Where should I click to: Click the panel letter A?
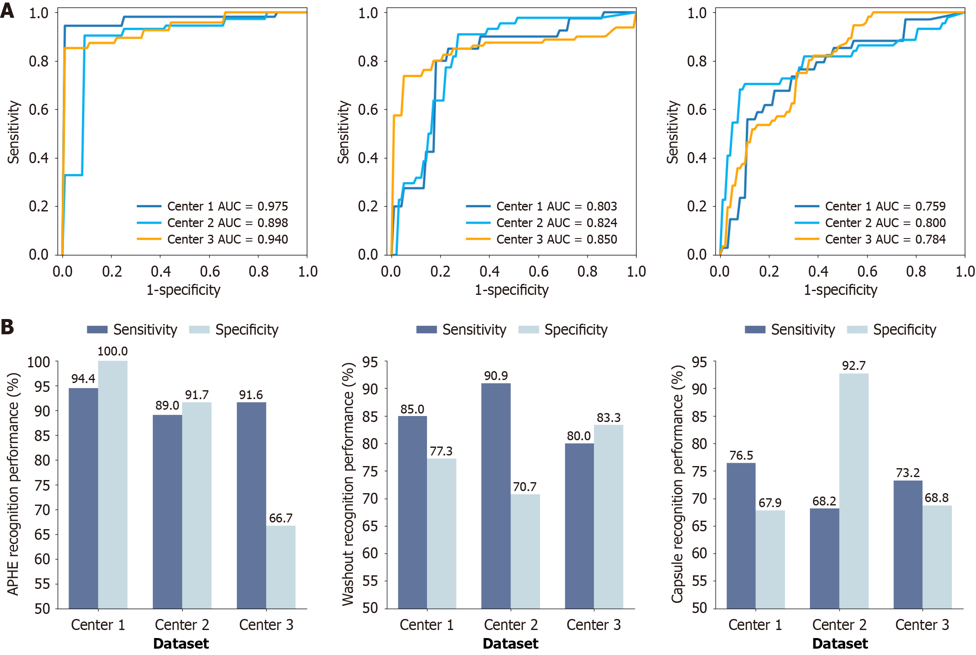tap(7, 11)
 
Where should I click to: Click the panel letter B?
tap(7, 327)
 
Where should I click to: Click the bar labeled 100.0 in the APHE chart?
tap(113, 483)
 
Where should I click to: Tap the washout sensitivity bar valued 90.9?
tap(496, 496)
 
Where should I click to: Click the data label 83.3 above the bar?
tap(608, 418)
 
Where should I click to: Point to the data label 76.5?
tap(741, 455)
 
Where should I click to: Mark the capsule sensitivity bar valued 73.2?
tap(908, 544)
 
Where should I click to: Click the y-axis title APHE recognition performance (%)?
tap(13, 484)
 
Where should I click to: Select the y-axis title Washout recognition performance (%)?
tap(347, 484)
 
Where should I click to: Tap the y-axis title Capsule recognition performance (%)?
tap(677, 484)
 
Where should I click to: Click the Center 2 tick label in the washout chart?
tap(510, 624)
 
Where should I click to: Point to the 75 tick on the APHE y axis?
tap(42, 485)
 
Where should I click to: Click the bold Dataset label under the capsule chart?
tap(840, 644)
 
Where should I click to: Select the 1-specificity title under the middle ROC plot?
tap(511, 290)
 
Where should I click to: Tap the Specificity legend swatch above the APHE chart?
tap(199, 330)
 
